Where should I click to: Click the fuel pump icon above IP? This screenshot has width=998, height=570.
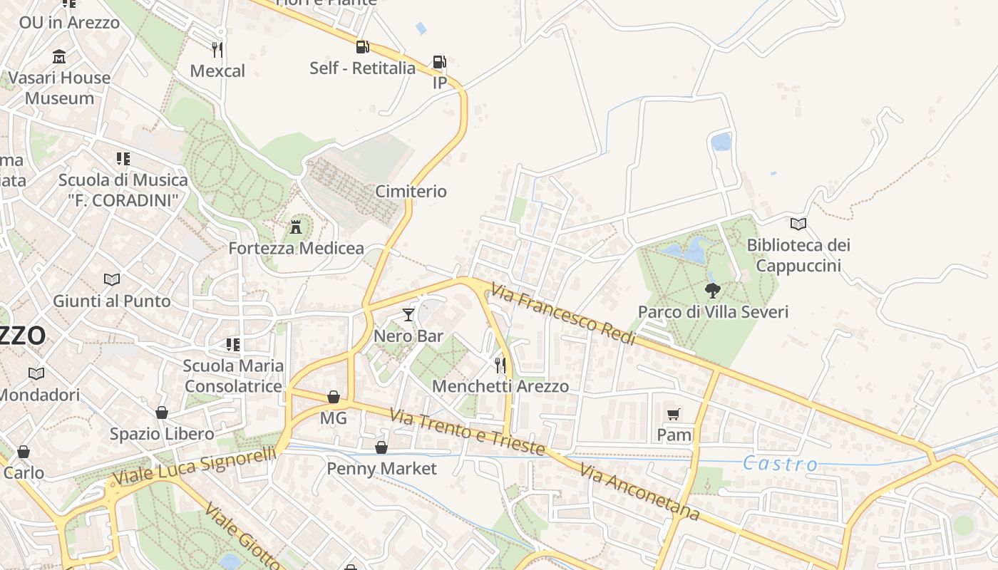[x=440, y=62]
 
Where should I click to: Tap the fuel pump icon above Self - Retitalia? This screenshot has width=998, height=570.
[x=362, y=47]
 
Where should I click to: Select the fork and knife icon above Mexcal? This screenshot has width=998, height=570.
[x=217, y=49]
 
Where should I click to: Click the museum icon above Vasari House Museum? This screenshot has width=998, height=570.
[x=59, y=56]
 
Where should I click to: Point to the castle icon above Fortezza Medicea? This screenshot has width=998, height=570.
[x=296, y=227]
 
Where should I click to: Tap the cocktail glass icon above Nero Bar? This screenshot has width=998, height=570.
[x=408, y=314]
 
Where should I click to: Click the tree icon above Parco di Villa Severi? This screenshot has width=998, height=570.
[x=712, y=290]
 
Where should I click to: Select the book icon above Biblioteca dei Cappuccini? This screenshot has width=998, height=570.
[x=798, y=224]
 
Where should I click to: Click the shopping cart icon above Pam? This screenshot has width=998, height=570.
[x=674, y=414]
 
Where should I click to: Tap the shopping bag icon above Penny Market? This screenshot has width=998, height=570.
[x=381, y=447]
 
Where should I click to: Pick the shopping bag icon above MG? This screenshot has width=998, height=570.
[x=333, y=397]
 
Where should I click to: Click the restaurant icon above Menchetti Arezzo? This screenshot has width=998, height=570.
[x=500, y=365]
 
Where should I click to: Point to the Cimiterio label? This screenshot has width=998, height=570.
[x=411, y=191]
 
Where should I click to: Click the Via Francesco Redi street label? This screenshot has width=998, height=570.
[x=563, y=314]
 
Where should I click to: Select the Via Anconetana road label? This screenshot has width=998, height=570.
[x=639, y=492]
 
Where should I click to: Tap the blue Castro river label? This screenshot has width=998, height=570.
[x=780, y=464]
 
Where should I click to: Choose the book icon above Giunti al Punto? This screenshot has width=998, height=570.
[x=112, y=279]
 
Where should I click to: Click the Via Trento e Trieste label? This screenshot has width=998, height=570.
[x=468, y=431]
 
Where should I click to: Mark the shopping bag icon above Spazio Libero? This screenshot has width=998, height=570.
[x=162, y=413]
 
